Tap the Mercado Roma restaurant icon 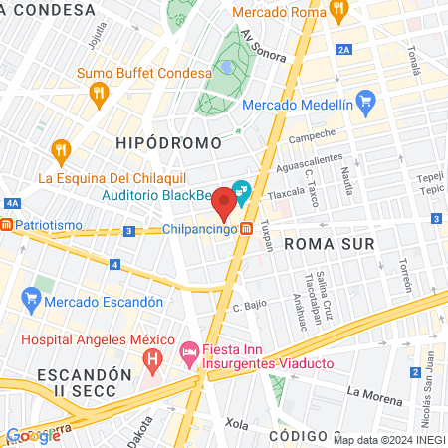coord(338,12)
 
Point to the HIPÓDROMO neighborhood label coord(169,142)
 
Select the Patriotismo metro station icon coord(8,225)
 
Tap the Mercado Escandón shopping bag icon coord(31,298)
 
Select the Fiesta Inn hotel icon coord(188,351)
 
